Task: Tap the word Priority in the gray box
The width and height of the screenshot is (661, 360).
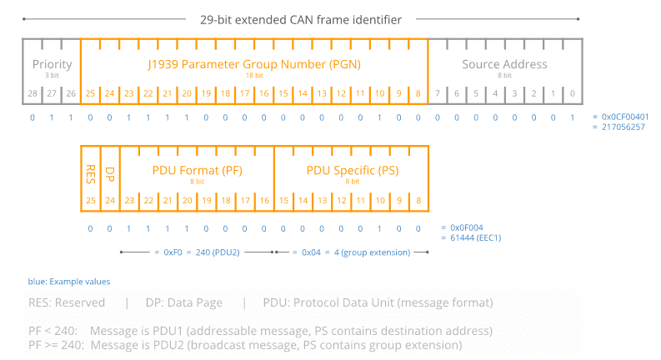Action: click(x=53, y=64)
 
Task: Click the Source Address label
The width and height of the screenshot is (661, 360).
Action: click(x=504, y=64)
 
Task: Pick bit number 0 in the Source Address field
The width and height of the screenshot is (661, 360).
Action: click(x=573, y=93)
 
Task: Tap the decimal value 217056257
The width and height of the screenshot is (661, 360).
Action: click(x=620, y=127)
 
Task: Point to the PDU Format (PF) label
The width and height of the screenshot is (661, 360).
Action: click(x=198, y=170)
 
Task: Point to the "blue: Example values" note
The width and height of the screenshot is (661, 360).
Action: click(x=69, y=282)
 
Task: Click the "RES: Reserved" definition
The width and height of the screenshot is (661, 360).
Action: click(x=67, y=302)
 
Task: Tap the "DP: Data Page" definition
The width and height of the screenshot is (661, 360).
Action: click(x=185, y=302)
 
